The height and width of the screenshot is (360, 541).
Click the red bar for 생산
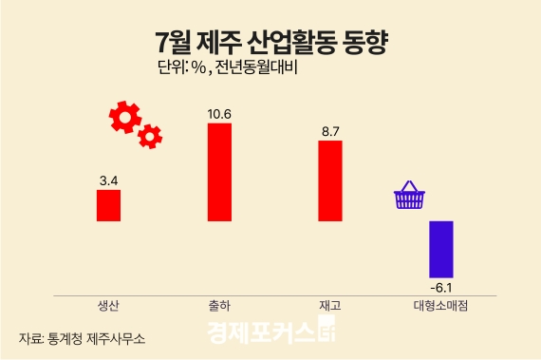(x=108, y=205)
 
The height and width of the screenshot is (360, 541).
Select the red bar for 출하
(x=219, y=172)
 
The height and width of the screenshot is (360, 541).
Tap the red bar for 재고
(x=330, y=180)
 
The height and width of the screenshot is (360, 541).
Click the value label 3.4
(x=108, y=179)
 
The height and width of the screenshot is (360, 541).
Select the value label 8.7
(x=330, y=132)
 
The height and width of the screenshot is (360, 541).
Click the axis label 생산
(x=108, y=306)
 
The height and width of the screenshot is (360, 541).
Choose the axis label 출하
(x=219, y=306)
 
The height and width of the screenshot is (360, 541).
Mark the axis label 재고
(x=330, y=306)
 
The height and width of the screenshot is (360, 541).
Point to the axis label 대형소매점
(x=441, y=306)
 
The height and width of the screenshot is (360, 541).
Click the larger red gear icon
(x=125, y=117)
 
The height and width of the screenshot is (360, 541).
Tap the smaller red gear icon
(x=150, y=138)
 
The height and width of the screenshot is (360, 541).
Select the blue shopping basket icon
(x=409, y=197)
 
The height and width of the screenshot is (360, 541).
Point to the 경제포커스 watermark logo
(x=270, y=334)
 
